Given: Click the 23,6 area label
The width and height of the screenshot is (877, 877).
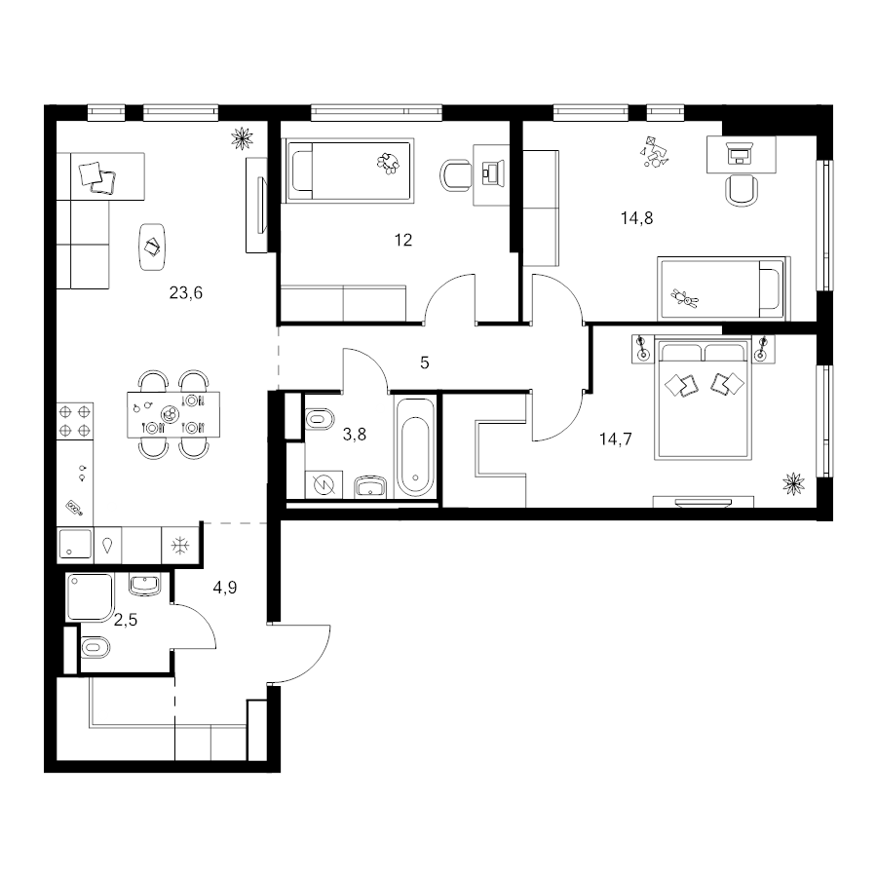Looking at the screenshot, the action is coord(186,292).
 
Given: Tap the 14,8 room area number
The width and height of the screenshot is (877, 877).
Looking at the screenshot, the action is coord(636,217).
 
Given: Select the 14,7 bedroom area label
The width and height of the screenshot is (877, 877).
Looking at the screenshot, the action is coord(615,439).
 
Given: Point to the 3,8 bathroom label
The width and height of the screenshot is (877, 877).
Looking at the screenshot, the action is coord(354,434).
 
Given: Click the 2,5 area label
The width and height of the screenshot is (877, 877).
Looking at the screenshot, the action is coord(126,620).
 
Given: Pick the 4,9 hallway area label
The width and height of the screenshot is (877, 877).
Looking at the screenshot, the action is coord(225,588).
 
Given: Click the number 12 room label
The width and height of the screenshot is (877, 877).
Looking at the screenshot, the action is coord(403,240).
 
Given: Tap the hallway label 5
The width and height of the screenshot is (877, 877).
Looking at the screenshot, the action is coord(425,363).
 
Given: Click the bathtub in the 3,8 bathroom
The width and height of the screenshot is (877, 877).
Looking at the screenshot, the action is coord(415,447).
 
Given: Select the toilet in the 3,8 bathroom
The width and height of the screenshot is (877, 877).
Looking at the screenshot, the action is coord(320,419).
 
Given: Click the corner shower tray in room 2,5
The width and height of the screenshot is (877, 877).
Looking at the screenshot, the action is coord(90,596).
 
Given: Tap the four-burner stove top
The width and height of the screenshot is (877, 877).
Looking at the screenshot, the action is coord(74,421).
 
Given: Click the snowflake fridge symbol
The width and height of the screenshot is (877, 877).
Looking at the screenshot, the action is coord(179,545).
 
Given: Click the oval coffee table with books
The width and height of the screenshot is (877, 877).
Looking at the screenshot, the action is coord(152,247).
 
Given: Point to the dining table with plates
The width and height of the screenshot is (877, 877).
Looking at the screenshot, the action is coord(173,414).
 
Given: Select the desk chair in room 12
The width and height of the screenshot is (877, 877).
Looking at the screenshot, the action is coord(456,175).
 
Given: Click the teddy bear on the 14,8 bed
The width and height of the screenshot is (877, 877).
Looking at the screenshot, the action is coord(684,299).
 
